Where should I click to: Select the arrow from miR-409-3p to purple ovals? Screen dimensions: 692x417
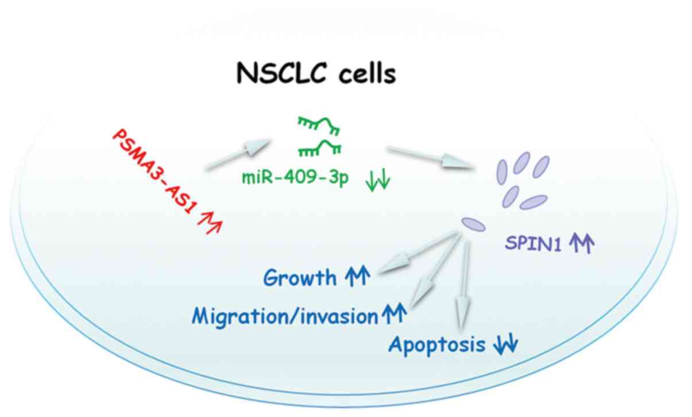pos(434,158)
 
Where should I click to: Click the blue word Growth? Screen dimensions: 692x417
pos(300,278)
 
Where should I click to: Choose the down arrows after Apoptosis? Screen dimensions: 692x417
pos(505,345)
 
